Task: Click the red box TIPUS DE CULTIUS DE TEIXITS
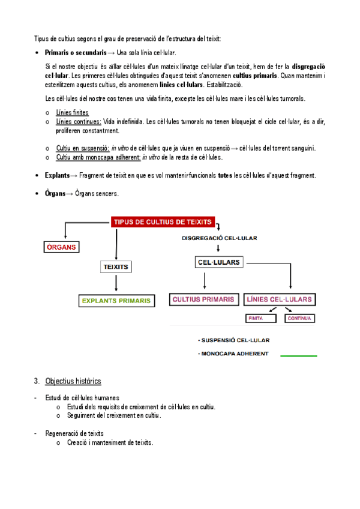click(x=163, y=222)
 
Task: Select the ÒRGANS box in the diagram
click(x=63, y=247)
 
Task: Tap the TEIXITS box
click(x=115, y=266)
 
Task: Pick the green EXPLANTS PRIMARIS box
click(x=116, y=300)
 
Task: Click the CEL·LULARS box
click(x=218, y=262)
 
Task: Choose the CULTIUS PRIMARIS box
click(x=203, y=299)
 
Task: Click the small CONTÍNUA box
click(x=299, y=318)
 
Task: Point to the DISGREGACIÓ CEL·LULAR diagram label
click(x=219, y=238)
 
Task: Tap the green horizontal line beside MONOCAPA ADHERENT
click(x=299, y=356)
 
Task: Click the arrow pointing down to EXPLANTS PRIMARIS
click(x=115, y=283)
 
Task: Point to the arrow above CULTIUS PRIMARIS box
click(x=205, y=281)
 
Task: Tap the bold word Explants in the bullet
click(x=57, y=175)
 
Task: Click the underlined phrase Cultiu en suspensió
click(x=81, y=148)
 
